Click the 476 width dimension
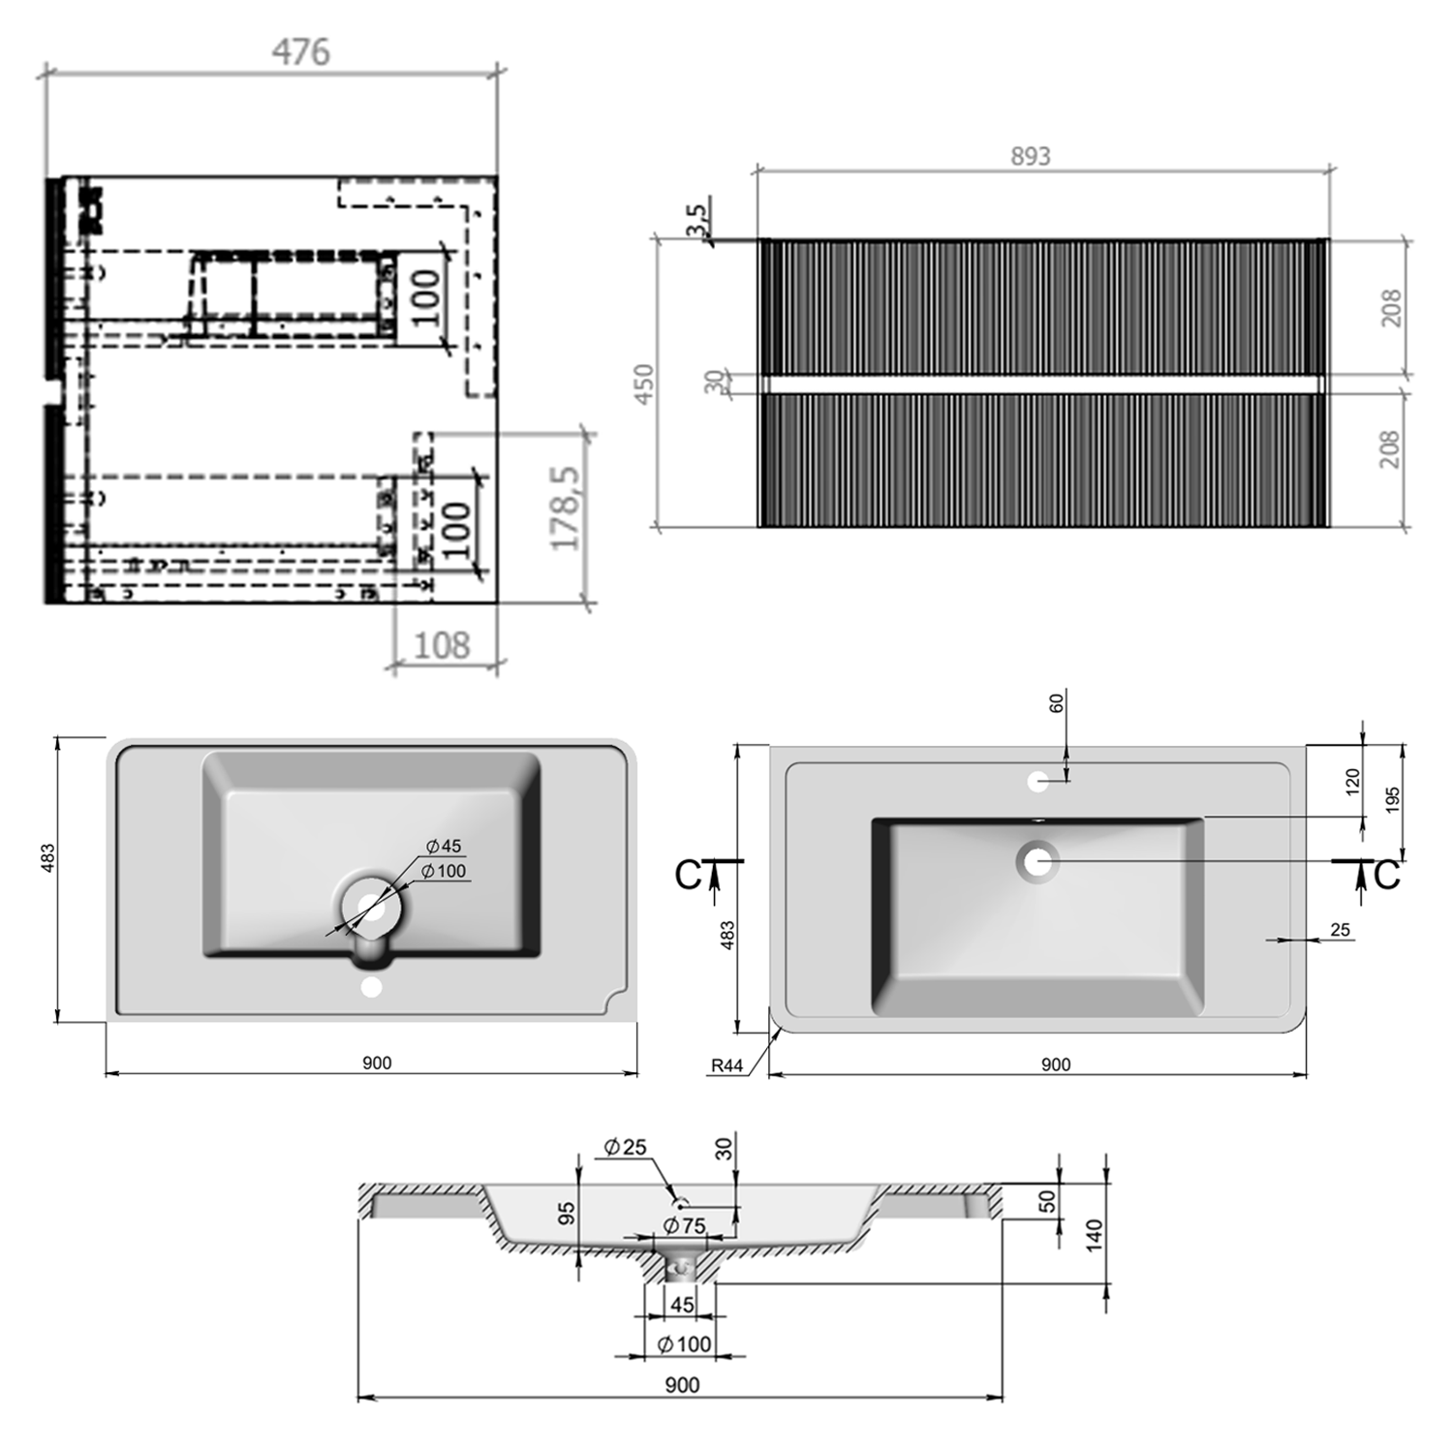click(x=300, y=51)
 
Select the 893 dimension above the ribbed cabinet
click(x=1030, y=156)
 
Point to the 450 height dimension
click(x=644, y=384)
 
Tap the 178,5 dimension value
click(x=567, y=509)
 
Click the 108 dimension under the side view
click(x=442, y=645)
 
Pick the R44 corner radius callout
click(x=726, y=1066)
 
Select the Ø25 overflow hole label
click(x=625, y=1147)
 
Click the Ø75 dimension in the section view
click(x=684, y=1225)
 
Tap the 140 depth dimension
click(x=1094, y=1235)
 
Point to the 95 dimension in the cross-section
click(x=567, y=1213)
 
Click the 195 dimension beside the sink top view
click(x=1393, y=799)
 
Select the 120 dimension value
click(x=1353, y=781)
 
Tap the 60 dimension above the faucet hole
click(x=1057, y=702)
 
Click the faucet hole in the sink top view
click(x=1037, y=782)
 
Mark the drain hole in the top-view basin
click(x=1037, y=861)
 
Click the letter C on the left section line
click(x=687, y=875)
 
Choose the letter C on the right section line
click(x=1386, y=875)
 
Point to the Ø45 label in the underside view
click(x=444, y=846)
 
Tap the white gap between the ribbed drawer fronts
click(x=1041, y=385)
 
